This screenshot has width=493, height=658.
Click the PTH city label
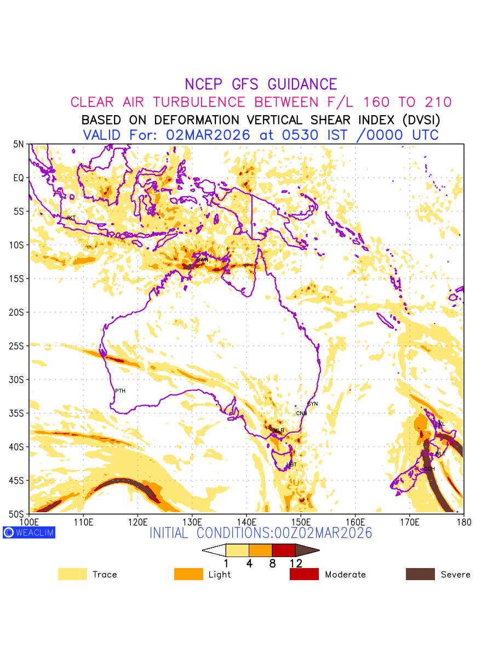pos(120,391)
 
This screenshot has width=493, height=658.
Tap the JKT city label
pos(71,218)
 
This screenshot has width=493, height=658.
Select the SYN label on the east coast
pos(313,404)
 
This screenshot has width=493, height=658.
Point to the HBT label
pos(291,465)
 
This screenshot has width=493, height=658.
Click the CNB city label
pos(302,413)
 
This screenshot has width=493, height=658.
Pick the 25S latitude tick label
pos(19,346)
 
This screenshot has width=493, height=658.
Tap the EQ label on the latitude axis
pos(19,178)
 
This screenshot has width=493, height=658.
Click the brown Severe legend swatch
pos(420,574)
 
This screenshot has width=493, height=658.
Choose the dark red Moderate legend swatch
pos(304,574)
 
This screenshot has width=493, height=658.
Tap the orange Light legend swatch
pos(188,574)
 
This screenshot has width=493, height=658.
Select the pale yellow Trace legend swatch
pos(72,574)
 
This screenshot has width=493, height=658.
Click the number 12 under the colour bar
pos(295,563)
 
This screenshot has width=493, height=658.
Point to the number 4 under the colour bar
pos(249,563)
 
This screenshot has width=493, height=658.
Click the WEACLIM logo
pos(29,532)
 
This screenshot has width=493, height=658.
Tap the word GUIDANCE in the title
pos(302,84)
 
